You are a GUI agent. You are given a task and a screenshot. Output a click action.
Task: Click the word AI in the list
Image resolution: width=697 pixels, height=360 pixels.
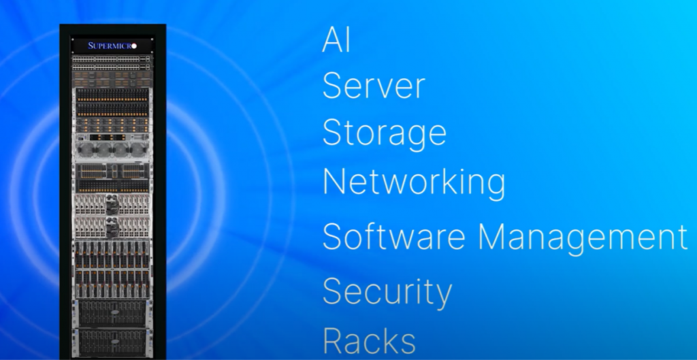click(x=336, y=40)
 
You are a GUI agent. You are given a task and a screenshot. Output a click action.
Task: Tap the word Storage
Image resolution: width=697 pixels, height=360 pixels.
click(x=384, y=133)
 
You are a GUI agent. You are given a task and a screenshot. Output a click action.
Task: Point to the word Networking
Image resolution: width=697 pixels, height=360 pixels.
click(x=414, y=182)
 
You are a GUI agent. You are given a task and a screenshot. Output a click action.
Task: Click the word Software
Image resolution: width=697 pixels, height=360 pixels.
click(x=393, y=236)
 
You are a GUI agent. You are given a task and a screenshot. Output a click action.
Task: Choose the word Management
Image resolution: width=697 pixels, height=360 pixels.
click(x=583, y=238)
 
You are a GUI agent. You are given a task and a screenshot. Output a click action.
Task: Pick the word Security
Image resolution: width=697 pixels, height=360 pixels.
click(x=387, y=293)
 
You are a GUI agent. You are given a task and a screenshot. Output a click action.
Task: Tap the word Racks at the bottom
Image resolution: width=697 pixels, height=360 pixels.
click(x=369, y=340)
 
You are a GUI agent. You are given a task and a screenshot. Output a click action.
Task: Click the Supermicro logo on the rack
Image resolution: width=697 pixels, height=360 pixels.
click(x=112, y=46)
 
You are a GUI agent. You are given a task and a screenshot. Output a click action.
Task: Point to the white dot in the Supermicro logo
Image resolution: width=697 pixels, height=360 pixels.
click(x=134, y=46)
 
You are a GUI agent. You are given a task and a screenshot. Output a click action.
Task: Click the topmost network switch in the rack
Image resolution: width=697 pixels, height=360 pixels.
click(x=112, y=59)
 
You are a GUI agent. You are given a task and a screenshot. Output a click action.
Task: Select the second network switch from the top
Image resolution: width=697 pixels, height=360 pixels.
click(x=112, y=67)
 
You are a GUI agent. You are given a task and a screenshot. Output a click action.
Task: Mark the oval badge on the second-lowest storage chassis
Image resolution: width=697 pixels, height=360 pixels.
click(x=114, y=312)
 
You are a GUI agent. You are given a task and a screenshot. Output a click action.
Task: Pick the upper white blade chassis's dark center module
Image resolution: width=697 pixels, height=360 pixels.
click(x=112, y=204)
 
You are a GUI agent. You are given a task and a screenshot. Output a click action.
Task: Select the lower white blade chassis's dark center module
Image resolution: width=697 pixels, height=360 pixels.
click(x=112, y=227)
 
